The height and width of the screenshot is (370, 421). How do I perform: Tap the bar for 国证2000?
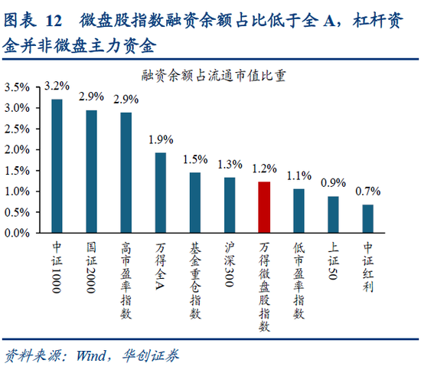coord(91,172)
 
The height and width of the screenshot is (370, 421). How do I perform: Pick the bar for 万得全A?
coord(160,192)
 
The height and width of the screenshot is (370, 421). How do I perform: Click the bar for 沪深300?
coord(230,205)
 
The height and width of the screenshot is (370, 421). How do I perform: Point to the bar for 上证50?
coord(333,214)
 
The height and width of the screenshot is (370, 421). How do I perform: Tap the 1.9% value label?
coord(160,139)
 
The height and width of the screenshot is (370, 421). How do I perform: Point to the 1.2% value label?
coord(264,169)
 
